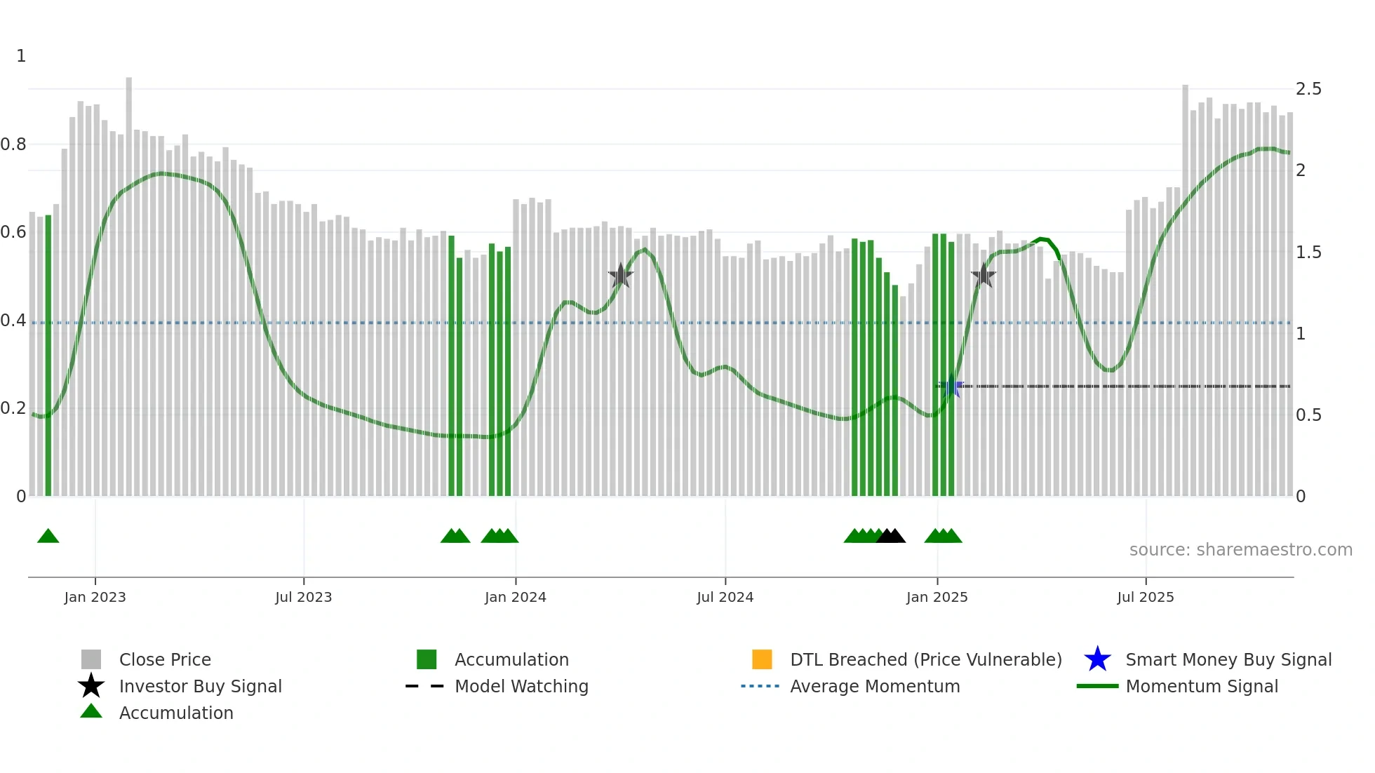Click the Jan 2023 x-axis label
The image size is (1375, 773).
95,597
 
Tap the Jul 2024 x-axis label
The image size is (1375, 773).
725,597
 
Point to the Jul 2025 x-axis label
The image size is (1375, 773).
1145,597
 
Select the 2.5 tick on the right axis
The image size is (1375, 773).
1308,89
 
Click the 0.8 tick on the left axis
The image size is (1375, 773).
13,144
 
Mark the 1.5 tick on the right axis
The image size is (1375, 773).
1308,253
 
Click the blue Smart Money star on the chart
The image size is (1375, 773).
952,386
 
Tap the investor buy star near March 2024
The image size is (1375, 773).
621,276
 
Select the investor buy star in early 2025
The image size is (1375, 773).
984,276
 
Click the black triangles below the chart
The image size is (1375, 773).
891,536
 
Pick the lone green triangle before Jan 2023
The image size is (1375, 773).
48,536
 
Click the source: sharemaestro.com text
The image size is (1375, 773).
1240,550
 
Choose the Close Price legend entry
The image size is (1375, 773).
165,659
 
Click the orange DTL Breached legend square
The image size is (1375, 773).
762,659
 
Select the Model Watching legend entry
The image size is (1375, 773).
521,686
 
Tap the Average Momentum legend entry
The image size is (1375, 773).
875,686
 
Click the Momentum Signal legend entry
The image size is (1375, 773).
1202,686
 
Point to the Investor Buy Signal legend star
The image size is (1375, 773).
91,686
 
